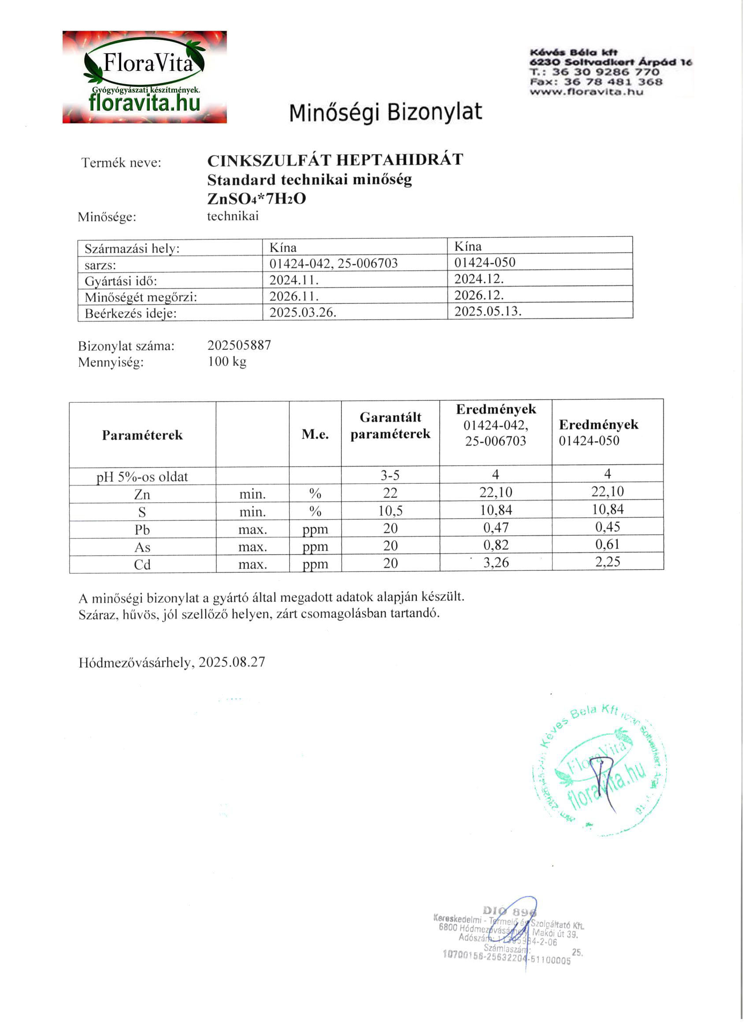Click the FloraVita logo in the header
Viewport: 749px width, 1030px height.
pyautogui.click(x=145, y=77)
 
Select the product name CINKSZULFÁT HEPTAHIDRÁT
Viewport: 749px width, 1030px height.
pyautogui.click(x=335, y=160)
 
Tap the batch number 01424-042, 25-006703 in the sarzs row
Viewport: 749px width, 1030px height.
pyautogui.click(x=334, y=264)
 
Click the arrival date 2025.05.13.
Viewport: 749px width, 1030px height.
pyautogui.click(x=488, y=311)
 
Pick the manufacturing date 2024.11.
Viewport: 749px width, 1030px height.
pyautogui.click(x=293, y=280)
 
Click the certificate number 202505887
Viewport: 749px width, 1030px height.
pyautogui.click(x=239, y=345)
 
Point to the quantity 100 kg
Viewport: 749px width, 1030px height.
pyautogui.click(x=227, y=362)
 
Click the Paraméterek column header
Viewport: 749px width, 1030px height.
pyautogui.click(x=142, y=435)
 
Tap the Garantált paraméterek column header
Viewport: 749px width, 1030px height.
pyautogui.click(x=390, y=426)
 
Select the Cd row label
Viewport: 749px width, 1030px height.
pyautogui.click(x=142, y=564)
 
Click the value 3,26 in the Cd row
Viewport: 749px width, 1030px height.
pyautogui.click(x=496, y=563)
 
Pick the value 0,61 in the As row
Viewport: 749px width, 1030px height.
pyautogui.click(x=607, y=544)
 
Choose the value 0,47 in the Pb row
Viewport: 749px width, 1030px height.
pyautogui.click(x=496, y=528)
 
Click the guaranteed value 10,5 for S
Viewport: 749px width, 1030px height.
pyautogui.click(x=390, y=511)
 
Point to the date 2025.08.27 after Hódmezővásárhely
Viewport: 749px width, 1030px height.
pyautogui.click(x=232, y=662)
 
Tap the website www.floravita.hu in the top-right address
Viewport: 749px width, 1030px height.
pyautogui.click(x=586, y=92)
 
